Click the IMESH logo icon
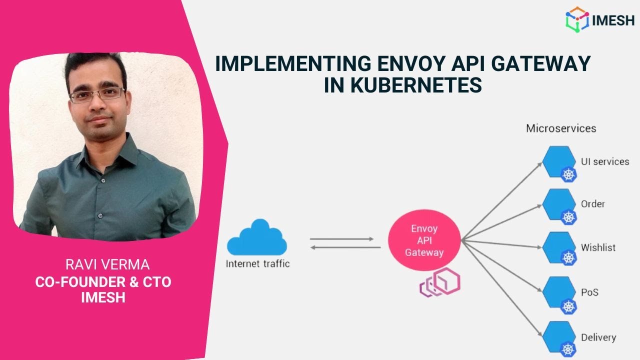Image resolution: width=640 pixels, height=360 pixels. (x=577, y=19)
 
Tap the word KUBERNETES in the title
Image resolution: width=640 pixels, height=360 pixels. (x=402, y=85)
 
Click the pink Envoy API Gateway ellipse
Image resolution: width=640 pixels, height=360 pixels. (x=424, y=240)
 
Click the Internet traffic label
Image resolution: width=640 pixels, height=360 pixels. (x=257, y=263)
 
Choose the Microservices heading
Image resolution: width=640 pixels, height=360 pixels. (x=561, y=128)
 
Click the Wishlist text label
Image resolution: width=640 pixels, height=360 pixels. (x=598, y=247)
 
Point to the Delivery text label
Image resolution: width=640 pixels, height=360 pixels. (x=598, y=337)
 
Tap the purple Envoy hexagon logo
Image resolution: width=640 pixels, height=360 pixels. (x=440, y=283)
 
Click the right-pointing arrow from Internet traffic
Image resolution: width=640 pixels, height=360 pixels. (x=341, y=239)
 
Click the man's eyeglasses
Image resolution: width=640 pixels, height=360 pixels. (x=97, y=94)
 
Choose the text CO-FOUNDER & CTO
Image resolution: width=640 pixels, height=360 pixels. (x=103, y=282)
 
